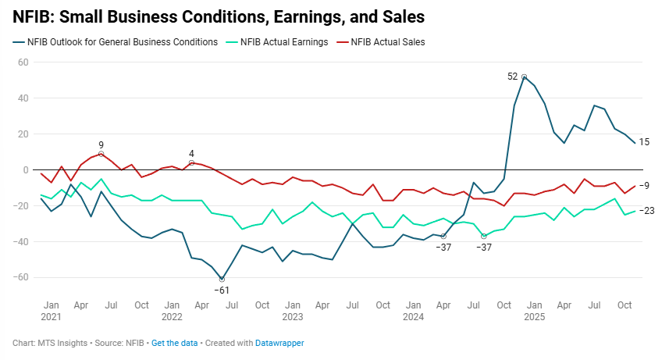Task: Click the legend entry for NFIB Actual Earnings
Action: point(282,42)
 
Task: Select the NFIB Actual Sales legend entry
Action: point(387,42)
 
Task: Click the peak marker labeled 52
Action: point(525,77)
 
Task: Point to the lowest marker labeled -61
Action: point(222,279)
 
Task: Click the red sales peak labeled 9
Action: point(101,154)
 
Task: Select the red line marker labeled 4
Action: point(192,162)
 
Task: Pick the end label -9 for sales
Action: point(646,186)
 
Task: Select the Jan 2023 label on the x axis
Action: point(292,310)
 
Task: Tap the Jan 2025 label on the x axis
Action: point(535,310)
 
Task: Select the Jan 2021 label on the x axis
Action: point(51,310)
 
